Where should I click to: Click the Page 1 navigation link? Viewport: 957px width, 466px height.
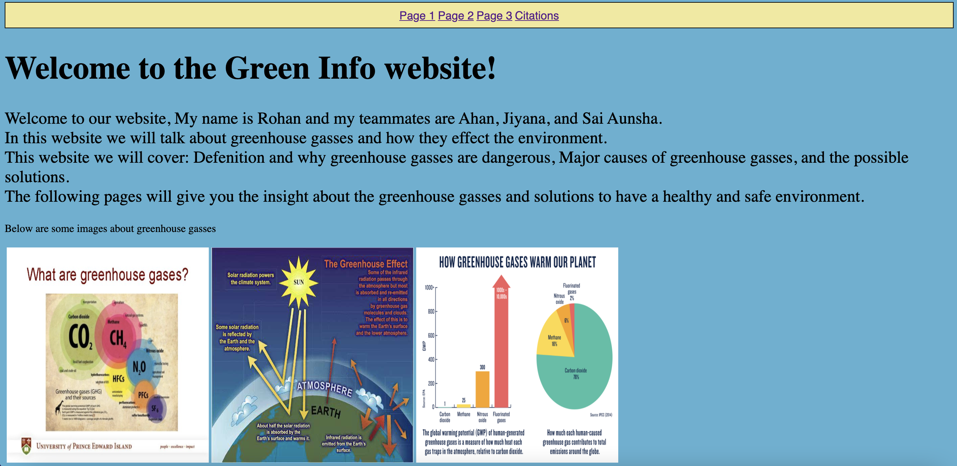(417, 15)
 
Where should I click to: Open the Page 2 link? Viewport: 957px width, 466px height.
(456, 15)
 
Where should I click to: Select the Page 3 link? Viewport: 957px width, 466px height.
(494, 15)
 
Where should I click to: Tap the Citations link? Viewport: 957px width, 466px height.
(536, 15)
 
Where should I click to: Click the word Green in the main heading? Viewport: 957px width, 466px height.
(267, 68)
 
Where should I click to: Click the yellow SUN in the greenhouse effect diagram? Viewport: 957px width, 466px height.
(299, 282)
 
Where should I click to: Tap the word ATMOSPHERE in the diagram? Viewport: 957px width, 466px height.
(324, 388)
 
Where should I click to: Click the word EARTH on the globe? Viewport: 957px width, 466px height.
(326, 411)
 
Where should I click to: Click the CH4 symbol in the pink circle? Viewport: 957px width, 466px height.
(118, 338)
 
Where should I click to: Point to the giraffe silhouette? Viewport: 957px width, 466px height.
(58, 408)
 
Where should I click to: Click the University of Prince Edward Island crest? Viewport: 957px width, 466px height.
(26, 446)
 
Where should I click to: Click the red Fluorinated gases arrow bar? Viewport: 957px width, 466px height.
(501, 345)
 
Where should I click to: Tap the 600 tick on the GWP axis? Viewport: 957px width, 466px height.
(431, 336)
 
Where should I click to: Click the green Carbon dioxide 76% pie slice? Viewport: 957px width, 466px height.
(580, 382)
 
